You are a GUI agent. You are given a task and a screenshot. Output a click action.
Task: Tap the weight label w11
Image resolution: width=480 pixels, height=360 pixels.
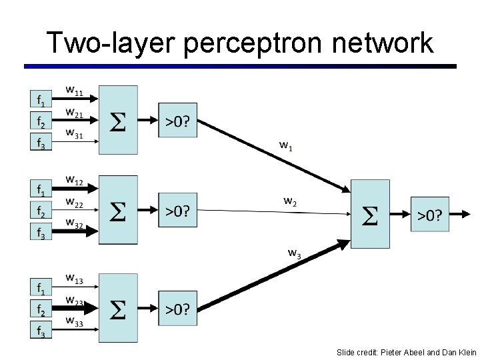pyautogui.click(x=74, y=91)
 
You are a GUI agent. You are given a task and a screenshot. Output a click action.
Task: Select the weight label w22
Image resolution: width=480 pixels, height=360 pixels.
pyautogui.click(x=74, y=202)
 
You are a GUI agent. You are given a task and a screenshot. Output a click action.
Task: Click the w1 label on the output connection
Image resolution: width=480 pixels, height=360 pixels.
pyautogui.click(x=285, y=145)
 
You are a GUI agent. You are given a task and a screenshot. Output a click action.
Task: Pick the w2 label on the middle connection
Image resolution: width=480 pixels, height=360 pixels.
pyautogui.click(x=290, y=201)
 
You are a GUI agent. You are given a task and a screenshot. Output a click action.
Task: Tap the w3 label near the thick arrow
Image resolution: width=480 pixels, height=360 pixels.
pyautogui.click(x=294, y=253)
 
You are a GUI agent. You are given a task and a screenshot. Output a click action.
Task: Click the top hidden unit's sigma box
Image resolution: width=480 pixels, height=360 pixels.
pyautogui.click(x=118, y=120)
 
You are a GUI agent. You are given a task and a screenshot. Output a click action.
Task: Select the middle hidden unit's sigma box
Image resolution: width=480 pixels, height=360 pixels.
pyautogui.click(x=118, y=211)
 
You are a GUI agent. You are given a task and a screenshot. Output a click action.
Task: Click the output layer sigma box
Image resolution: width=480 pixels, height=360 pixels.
pyautogui.click(x=370, y=214)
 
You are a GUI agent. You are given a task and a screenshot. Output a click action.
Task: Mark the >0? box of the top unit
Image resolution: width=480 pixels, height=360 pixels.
pyautogui.click(x=177, y=120)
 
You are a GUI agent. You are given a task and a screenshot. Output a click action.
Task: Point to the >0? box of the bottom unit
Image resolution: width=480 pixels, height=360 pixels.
pyautogui.click(x=177, y=309)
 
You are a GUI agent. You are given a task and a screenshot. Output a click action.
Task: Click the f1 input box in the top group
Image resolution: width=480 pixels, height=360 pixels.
pyautogui.click(x=41, y=101)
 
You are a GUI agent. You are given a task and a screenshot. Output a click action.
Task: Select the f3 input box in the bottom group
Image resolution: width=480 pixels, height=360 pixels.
pyautogui.click(x=41, y=329)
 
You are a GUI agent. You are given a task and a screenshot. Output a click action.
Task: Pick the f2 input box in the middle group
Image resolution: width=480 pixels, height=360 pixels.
pyautogui.click(x=41, y=211)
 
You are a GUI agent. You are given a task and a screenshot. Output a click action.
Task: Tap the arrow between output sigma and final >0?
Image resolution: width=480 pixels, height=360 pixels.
pyautogui.click(x=400, y=214)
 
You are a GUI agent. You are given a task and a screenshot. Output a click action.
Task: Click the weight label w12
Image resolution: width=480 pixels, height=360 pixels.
pyautogui.click(x=74, y=180)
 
